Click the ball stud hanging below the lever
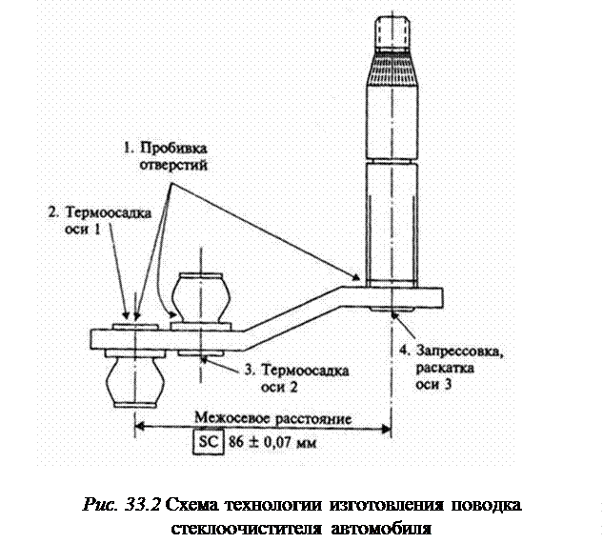coord(133,381)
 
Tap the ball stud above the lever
coord(200,297)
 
